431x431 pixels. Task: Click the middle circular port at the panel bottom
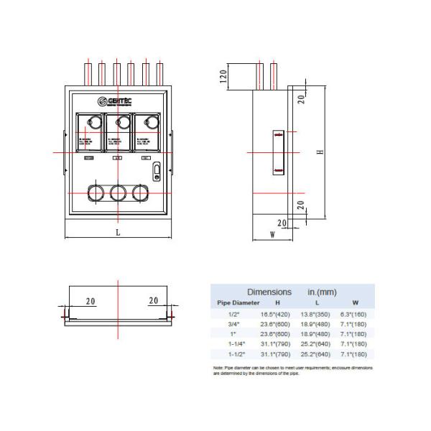pos(118,193)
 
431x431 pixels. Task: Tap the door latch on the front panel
pos(157,171)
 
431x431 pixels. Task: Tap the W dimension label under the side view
pos(272,234)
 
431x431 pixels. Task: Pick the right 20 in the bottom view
pos(152,301)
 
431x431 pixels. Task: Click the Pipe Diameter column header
pos(239,303)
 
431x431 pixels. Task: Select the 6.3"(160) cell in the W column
pos(354,314)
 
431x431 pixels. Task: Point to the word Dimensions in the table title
pos(269,292)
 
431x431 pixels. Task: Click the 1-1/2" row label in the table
pos(236,354)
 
